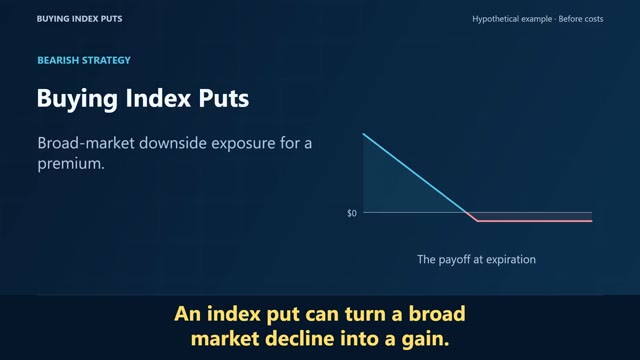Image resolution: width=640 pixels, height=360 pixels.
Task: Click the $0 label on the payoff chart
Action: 352,213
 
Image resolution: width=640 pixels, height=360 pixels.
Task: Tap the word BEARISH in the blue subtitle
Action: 58,60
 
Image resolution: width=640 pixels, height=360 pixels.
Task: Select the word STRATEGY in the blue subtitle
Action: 107,60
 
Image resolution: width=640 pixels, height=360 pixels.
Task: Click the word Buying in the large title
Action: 77,99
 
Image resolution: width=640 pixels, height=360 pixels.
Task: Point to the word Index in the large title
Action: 158,98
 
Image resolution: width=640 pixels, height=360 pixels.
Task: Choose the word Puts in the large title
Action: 224,98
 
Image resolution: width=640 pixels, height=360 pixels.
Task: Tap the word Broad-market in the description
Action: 86,143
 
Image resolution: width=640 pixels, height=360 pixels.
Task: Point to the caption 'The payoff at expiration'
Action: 476,260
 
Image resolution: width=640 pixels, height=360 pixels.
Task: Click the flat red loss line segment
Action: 535,221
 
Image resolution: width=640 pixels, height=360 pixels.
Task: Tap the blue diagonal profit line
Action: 414,173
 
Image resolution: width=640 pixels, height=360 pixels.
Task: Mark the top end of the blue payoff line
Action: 363,133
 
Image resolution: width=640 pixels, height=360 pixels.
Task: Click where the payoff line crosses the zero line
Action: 467,212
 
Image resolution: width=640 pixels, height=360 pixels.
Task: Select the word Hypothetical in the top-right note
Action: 512,19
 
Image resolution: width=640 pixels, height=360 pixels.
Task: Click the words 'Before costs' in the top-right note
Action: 581,19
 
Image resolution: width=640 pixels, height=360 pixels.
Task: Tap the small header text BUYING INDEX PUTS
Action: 79,19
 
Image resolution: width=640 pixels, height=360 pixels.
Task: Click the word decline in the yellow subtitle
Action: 299,339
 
